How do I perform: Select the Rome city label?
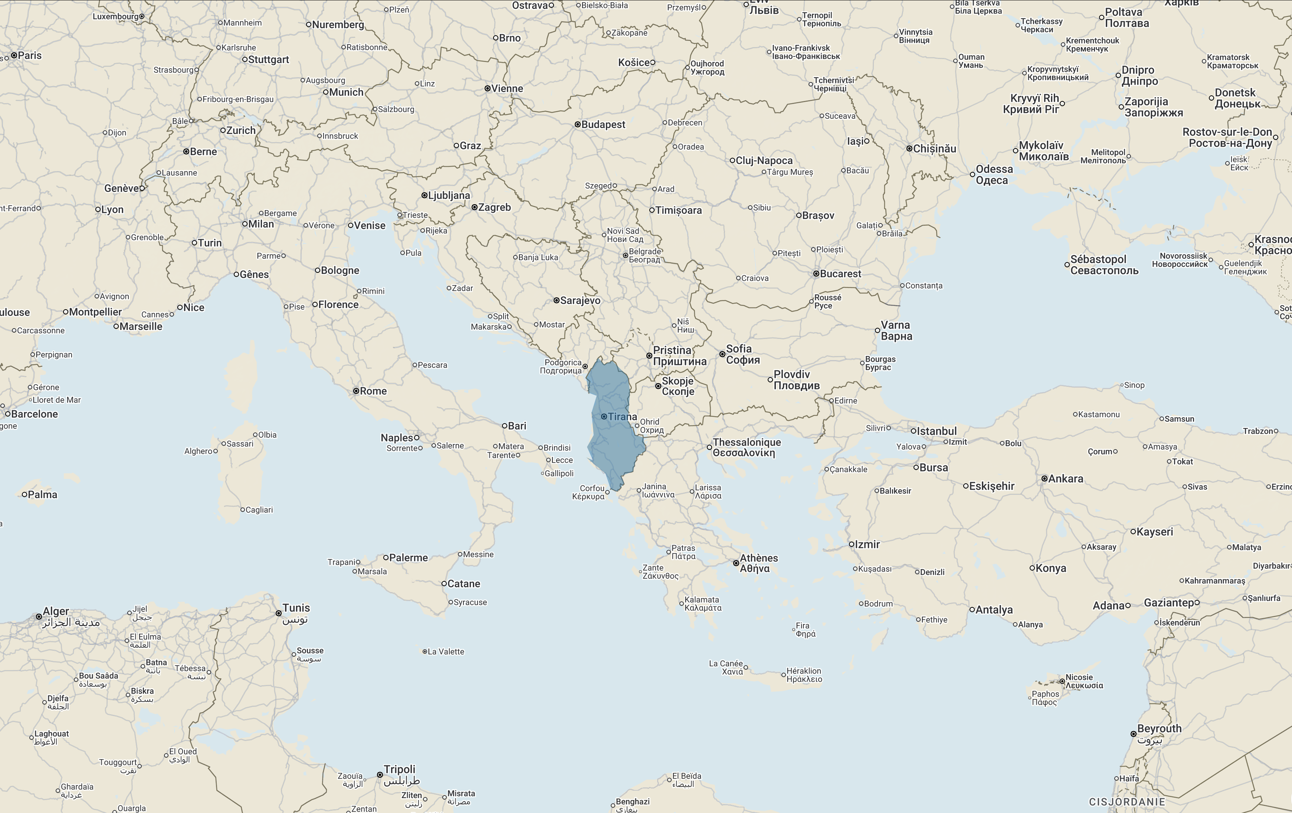(x=373, y=391)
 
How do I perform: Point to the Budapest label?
(x=603, y=124)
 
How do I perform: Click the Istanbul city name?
(x=937, y=431)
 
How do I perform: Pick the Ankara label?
(x=1066, y=479)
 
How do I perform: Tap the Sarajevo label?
(x=580, y=301)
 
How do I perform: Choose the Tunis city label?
(x=296, y=608)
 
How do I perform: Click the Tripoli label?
(x=400, y=770)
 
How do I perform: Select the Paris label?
(x=30, y=55)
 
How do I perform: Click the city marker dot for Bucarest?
(x=816, y=274)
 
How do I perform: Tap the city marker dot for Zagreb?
(x=474, y=207)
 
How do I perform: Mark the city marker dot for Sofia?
(x=722, y=354)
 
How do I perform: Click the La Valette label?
(x=446, y=652)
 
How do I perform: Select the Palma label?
(x=42, y=495)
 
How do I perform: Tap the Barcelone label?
(x=35, y=414)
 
